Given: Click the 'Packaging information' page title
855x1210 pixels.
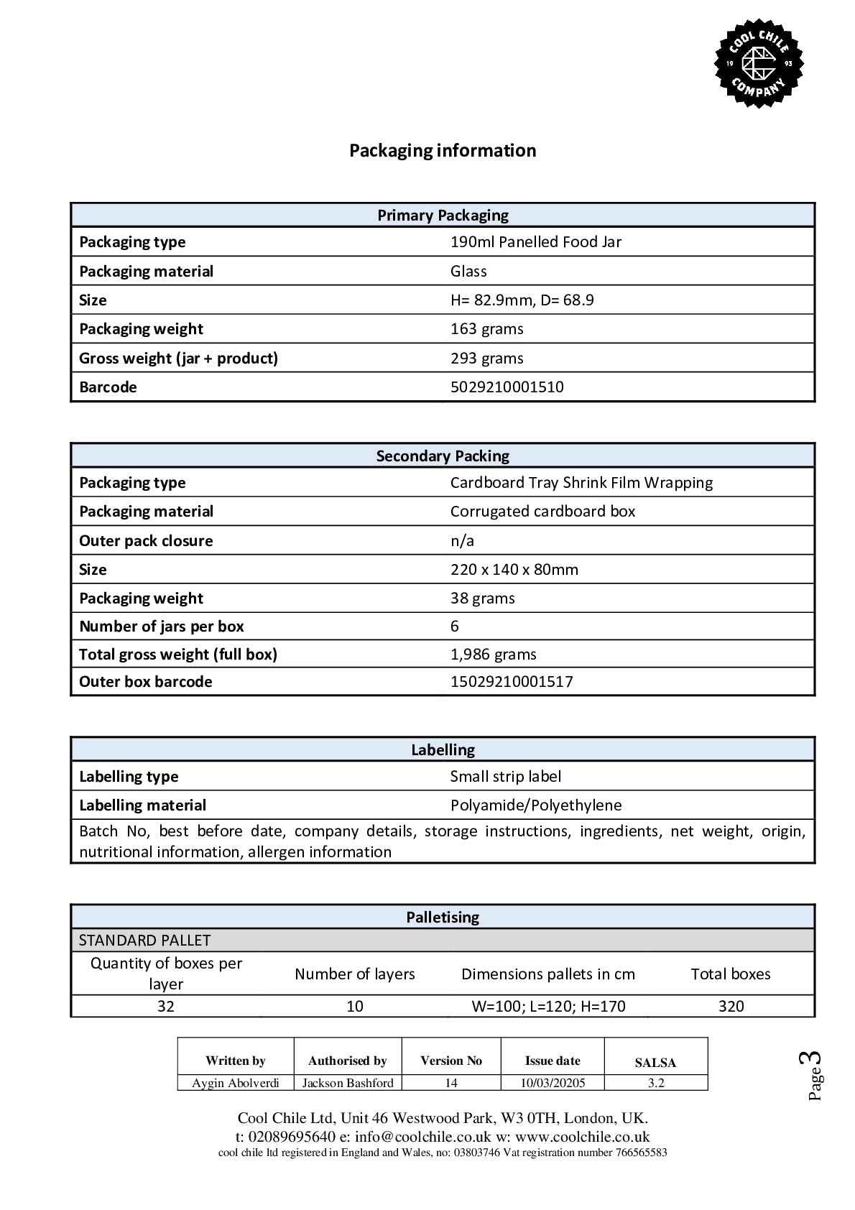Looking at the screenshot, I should point(443,150).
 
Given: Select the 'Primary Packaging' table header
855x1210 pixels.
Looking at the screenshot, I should point(443,216).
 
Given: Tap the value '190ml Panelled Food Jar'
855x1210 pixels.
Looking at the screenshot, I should point(535,242).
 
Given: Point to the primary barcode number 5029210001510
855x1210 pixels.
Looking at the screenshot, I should point(507,387).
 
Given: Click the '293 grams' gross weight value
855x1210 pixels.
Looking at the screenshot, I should point(486,359).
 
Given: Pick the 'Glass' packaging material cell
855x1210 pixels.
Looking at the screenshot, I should point(468,272).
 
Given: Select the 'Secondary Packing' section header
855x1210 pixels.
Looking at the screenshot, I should point(443,456).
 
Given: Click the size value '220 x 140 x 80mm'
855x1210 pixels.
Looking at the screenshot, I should point(514,570).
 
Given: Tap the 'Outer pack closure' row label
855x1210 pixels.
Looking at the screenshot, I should point(146,541).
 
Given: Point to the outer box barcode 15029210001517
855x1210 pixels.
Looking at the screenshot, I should point(512,682).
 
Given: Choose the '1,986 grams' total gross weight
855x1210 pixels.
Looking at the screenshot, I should point(493,655).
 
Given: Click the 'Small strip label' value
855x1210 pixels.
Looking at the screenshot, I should point(505,777).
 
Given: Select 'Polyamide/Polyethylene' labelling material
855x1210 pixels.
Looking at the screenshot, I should point(536,805).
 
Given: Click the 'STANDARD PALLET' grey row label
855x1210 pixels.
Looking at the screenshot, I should point(144,941).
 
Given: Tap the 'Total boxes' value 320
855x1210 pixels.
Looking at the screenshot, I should point(731,1007).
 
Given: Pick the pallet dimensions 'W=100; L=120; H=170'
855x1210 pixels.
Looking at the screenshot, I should point(548,1007).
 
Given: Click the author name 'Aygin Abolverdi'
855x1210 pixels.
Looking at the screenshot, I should point(236,1083).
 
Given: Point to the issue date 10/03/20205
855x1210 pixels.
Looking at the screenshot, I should point(553,1083).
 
